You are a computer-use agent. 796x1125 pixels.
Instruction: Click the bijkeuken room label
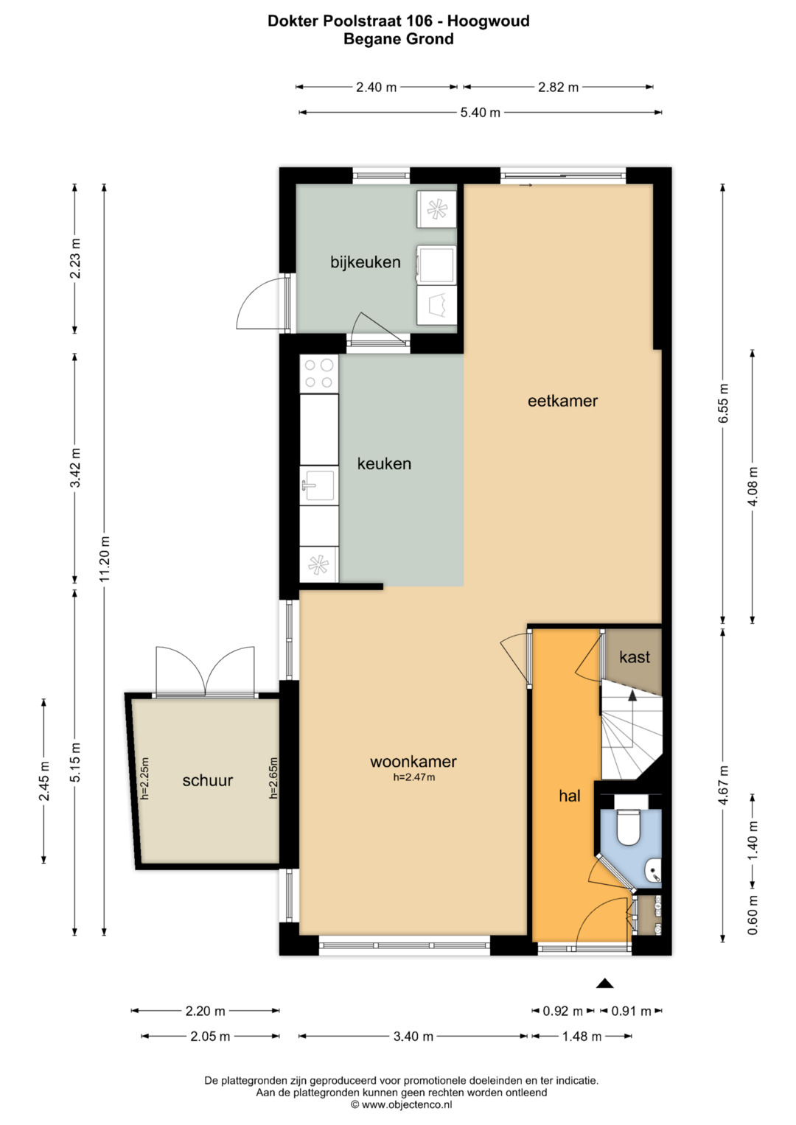coord(366,262)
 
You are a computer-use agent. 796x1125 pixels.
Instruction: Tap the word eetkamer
coord(562,401)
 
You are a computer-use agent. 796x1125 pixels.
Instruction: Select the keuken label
coord(384,463)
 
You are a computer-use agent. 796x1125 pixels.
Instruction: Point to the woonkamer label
coord(413,761)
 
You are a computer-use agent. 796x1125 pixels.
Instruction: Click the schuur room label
coord(208,780)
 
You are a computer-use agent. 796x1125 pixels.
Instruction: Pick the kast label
coord(634,657)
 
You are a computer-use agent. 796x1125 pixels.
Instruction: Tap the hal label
coord(569,796)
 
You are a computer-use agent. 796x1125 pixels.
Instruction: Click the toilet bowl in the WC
coord(628,826)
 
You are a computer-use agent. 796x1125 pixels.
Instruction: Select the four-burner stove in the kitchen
coord(318,374)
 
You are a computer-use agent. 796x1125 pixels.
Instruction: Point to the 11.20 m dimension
coord(104,559)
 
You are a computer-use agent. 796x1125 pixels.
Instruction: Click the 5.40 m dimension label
coord(481,113)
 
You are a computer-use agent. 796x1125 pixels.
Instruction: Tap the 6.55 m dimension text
coord(723,403)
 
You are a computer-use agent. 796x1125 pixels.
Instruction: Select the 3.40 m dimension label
coord(413,1036)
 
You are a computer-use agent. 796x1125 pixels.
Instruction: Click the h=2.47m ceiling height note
coord(413,777)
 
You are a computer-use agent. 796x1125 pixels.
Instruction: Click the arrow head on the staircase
coord(632,695)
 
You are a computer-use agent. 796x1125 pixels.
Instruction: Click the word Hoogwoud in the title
coord(489,21)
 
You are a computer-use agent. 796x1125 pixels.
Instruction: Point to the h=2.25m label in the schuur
coord(144,778)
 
